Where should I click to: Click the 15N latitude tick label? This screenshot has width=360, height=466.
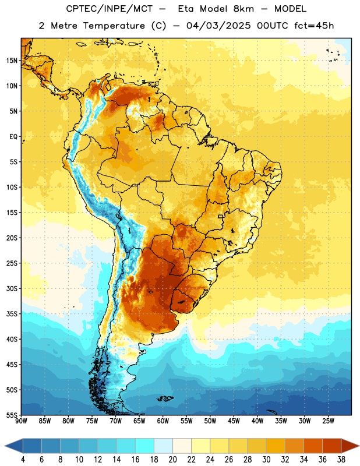(12, 61)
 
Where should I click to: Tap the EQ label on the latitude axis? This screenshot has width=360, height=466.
(13, 136)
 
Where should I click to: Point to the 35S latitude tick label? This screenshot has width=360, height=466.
(12, 314)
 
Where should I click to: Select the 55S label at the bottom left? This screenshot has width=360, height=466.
(12, 415)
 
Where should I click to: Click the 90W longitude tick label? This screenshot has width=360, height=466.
(21, 421)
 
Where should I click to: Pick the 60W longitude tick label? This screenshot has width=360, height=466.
(163, 421)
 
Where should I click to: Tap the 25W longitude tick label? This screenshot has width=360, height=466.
(328, 421)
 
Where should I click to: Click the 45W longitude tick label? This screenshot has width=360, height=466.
(234, 421)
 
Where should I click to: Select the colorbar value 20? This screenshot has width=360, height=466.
(172, 460)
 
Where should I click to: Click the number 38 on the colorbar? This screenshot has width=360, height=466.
(341, 460)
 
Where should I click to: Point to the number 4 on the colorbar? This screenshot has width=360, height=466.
(23, 460)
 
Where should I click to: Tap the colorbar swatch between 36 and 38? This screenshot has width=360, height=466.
(332, 446)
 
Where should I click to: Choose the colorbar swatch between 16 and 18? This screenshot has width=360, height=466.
(145, 446)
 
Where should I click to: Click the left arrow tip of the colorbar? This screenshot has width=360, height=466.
(5, 446)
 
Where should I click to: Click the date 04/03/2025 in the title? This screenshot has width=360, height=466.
(219, 26)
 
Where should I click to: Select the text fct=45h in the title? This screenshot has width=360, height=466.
(314, 26)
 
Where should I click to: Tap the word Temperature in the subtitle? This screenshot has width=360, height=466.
(114, 26)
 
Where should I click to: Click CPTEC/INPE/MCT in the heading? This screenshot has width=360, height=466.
(109, 9)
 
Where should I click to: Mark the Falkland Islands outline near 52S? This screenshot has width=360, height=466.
(165, 398)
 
